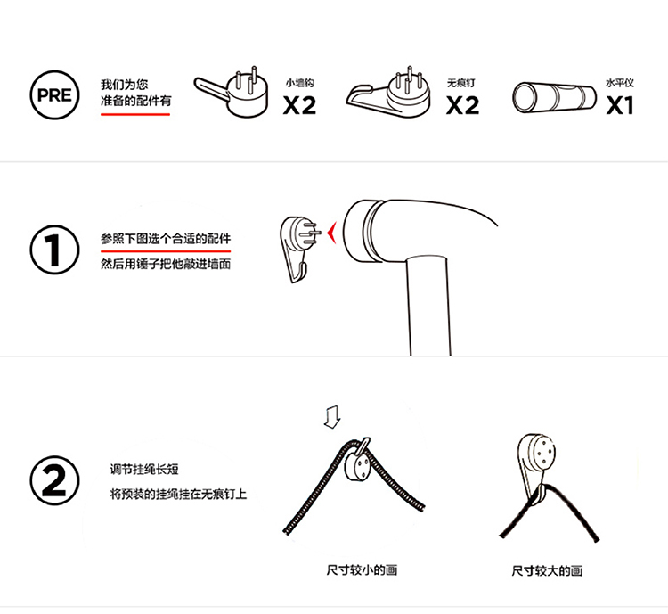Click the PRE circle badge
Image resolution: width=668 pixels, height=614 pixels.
tap(54, 95)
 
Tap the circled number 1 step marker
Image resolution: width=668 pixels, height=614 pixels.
tap(54, 250)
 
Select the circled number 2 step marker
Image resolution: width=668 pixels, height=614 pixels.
tap(54, 480)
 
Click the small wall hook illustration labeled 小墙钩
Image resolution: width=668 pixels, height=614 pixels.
tap(232, 93)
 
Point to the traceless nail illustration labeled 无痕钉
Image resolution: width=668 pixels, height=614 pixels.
tap(388, 94)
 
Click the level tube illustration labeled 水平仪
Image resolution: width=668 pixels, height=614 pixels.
tap(554, 98)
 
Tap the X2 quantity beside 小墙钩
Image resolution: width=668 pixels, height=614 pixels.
tap(299, 105)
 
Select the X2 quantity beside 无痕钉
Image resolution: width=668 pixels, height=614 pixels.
tap(462, 105)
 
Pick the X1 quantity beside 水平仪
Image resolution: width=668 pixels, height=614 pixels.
tap(620, 105)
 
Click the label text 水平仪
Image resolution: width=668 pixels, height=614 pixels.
tap(620, 83)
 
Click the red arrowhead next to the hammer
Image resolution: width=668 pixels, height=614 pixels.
tap(331, 233)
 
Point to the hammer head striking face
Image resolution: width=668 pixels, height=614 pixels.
tap(354, 231)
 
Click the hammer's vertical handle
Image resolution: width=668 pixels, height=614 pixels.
tap(428, 306)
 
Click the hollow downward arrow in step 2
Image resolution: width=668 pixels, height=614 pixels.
tap(332, 417)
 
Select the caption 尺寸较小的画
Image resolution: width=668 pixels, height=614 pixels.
tap(362, 570)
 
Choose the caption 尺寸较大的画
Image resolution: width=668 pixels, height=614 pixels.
tap(547, 570)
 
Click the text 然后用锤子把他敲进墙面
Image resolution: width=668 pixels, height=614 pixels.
tap(166, 265)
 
